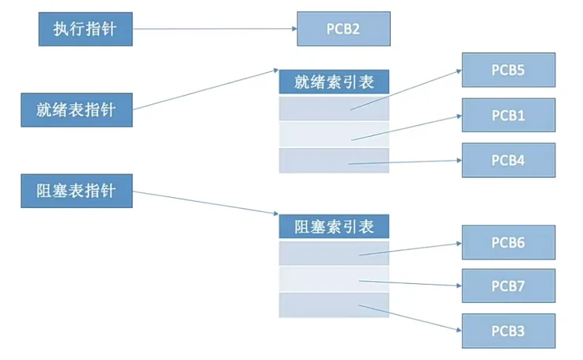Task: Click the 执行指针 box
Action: coord(85,28)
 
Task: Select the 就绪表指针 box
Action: coord(76,109)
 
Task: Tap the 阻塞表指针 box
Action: coord(76,191)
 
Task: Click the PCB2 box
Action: coord(343,28)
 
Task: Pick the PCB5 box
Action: coord(509,70)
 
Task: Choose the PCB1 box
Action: coord(509,115)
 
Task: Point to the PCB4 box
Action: coord(509,160)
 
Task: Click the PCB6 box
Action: coord(509,242)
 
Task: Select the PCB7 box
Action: coord(509,286)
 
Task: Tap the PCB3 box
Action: coord(509,330)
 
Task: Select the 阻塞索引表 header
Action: coord(334,226)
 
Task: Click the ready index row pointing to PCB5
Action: coord(334,108)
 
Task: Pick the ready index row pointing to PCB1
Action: coord(334,134)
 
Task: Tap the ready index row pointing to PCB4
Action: coord(334,160)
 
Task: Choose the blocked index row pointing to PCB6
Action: coord(334,252)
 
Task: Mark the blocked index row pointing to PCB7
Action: coord(334,279)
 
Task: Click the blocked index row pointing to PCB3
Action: coord(334,305)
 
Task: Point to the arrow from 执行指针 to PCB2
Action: coord(214,29)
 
